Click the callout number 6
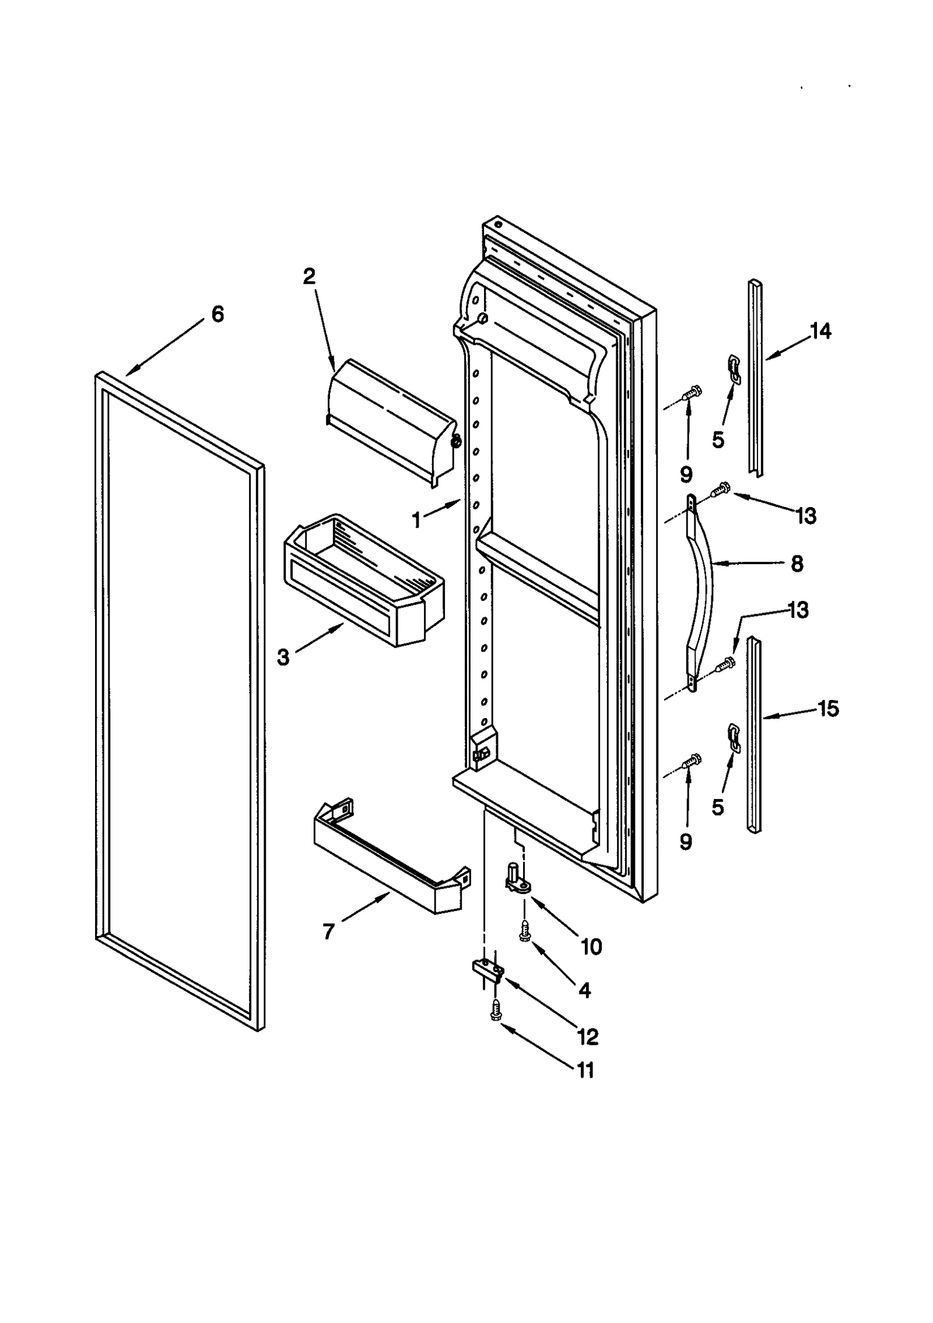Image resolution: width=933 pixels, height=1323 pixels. (x=217, y=315)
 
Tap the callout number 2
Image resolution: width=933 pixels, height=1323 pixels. (x=309, y=276)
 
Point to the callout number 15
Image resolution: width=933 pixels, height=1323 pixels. (x=828, y=709)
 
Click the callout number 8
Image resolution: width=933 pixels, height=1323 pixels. (x=797, y=564)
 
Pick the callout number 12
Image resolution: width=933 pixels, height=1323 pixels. (x=587, y=1036)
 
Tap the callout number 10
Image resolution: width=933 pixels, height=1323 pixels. (x=591, y=946)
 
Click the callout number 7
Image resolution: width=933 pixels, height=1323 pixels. (x=328, y=932)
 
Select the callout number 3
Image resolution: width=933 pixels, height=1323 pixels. (x=283, y=657)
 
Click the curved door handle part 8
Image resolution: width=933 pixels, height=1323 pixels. (x=703, y=592)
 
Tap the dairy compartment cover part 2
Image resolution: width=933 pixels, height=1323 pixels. (x=391, y=425)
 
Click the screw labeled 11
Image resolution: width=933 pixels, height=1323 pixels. (x=496, y=1011)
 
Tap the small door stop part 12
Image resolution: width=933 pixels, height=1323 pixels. (x=487, y=970)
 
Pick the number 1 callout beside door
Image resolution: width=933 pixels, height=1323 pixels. (x=416, y=520)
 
